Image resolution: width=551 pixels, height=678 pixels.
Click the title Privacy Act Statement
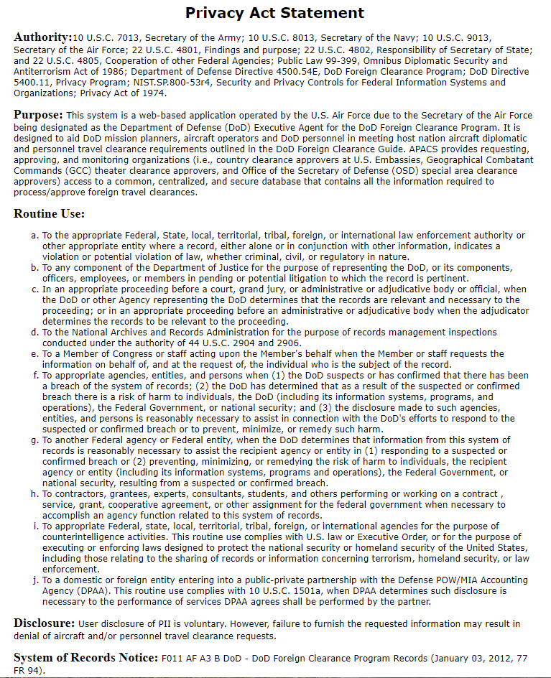pos(274,13)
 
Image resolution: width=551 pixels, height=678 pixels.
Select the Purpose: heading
pos(38,115)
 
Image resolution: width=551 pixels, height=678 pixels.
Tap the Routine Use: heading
pos(50,214)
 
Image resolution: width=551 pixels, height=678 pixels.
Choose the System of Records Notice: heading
pos(85,658)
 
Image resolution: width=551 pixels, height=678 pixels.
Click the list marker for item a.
pos(34,236)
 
